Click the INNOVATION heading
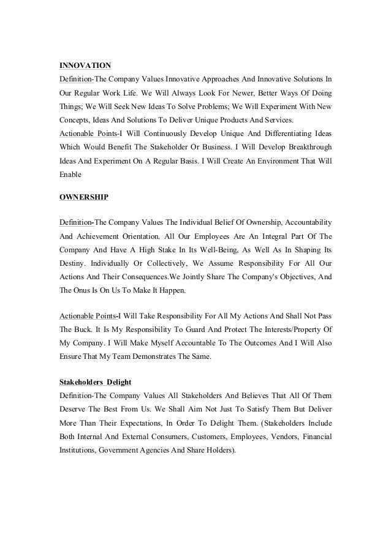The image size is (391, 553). (85, 65)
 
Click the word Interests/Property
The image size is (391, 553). (280, 328)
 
